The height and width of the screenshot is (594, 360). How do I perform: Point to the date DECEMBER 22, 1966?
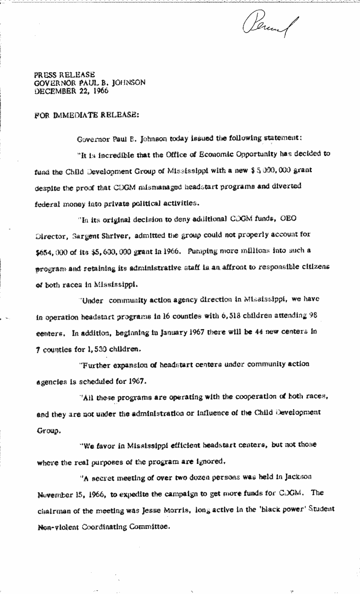(x=71, y=91)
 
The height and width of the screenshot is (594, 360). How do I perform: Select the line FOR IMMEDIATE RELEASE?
(x=86, y=115)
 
